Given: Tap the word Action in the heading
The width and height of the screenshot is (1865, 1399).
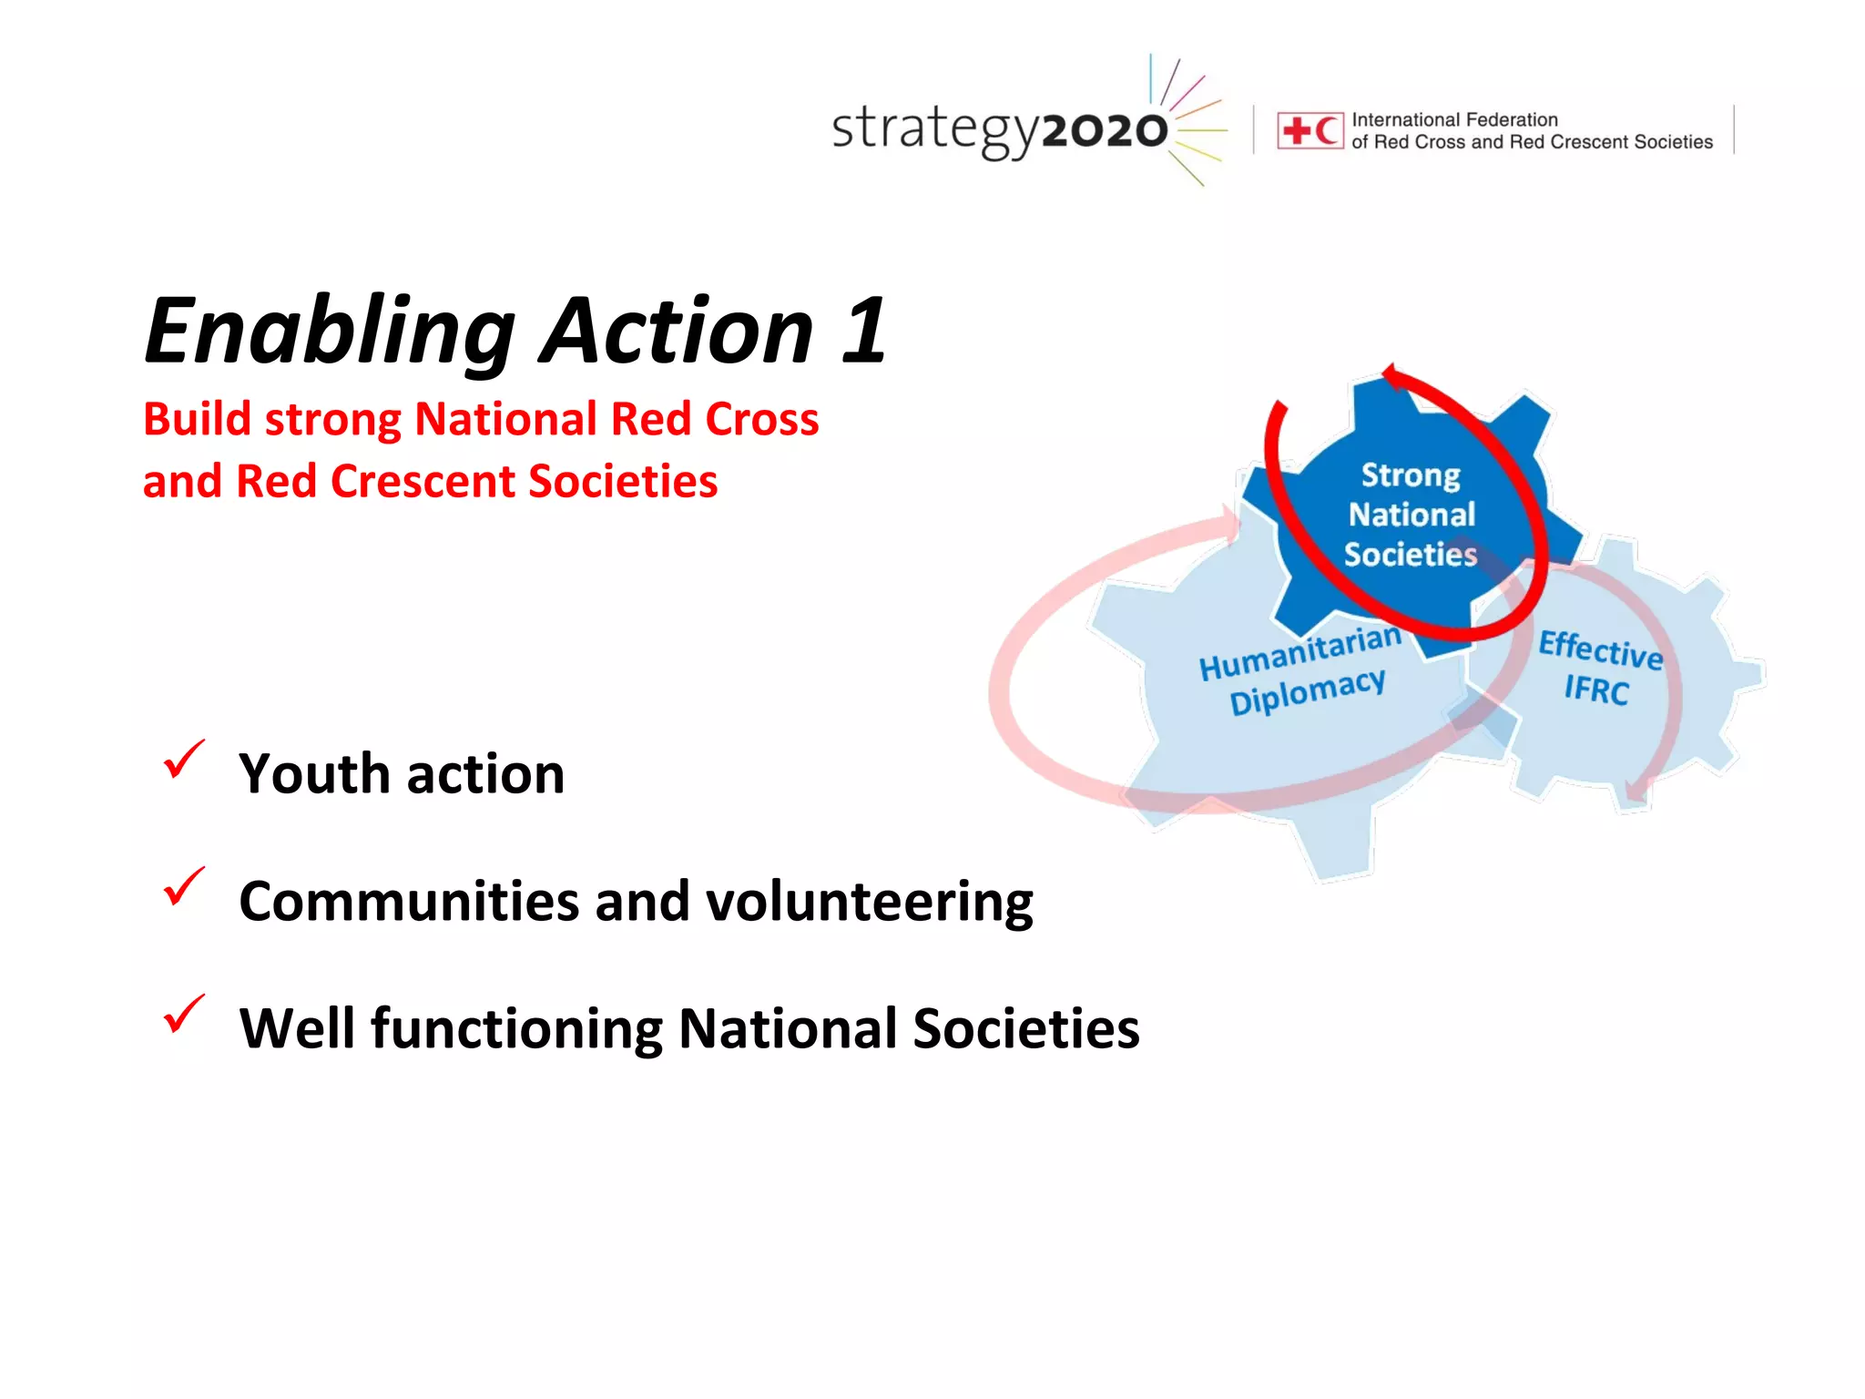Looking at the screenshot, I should point(678,332).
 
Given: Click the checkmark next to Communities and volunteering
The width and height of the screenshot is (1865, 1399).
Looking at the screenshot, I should point(184,886).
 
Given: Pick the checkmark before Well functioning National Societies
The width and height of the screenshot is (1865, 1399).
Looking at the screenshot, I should point(184,1014).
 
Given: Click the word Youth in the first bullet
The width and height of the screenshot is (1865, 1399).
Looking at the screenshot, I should point(314,774).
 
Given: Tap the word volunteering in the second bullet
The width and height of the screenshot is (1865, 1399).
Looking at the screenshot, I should point(869,903).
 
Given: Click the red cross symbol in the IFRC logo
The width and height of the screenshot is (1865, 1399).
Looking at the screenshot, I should point(1295,131).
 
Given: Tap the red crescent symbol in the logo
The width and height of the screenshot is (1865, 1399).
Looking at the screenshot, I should point(1327,131).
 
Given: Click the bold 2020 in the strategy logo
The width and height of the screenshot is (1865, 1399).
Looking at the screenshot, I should point(1104,131).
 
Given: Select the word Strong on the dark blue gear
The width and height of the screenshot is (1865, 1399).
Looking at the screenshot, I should point(1411,475).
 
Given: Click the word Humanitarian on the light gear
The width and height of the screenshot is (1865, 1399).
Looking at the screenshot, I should point(1299,652).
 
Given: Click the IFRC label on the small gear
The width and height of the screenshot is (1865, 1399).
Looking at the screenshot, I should point(1595,690).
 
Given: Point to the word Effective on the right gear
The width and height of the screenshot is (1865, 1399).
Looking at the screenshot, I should point(1600,649).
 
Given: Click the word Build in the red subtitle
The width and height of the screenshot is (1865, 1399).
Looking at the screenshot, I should point(197,420).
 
